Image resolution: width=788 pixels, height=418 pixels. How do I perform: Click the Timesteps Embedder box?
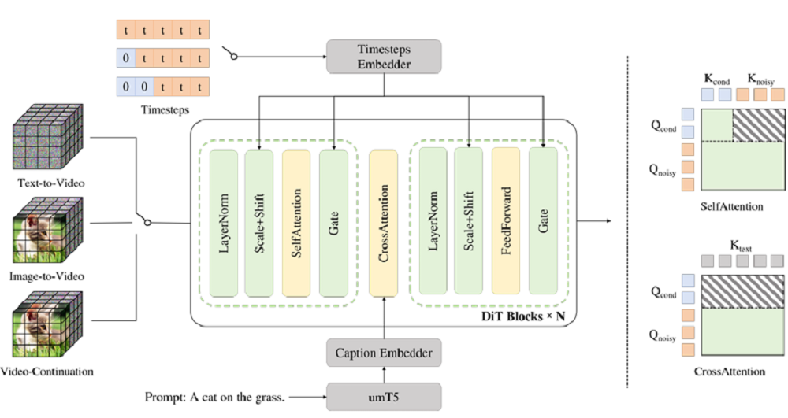[x=383, y=56]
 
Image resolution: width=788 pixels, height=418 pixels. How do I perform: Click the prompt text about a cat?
[x=214, y=395]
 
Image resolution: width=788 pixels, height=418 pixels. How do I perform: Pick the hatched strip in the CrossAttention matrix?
[x=742, y=290]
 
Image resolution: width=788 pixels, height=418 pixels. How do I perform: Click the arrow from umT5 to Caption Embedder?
[x=383, y=373]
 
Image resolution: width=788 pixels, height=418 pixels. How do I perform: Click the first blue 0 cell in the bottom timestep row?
[x=125, y=85]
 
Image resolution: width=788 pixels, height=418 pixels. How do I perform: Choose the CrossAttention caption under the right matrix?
[x=730, y=371]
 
